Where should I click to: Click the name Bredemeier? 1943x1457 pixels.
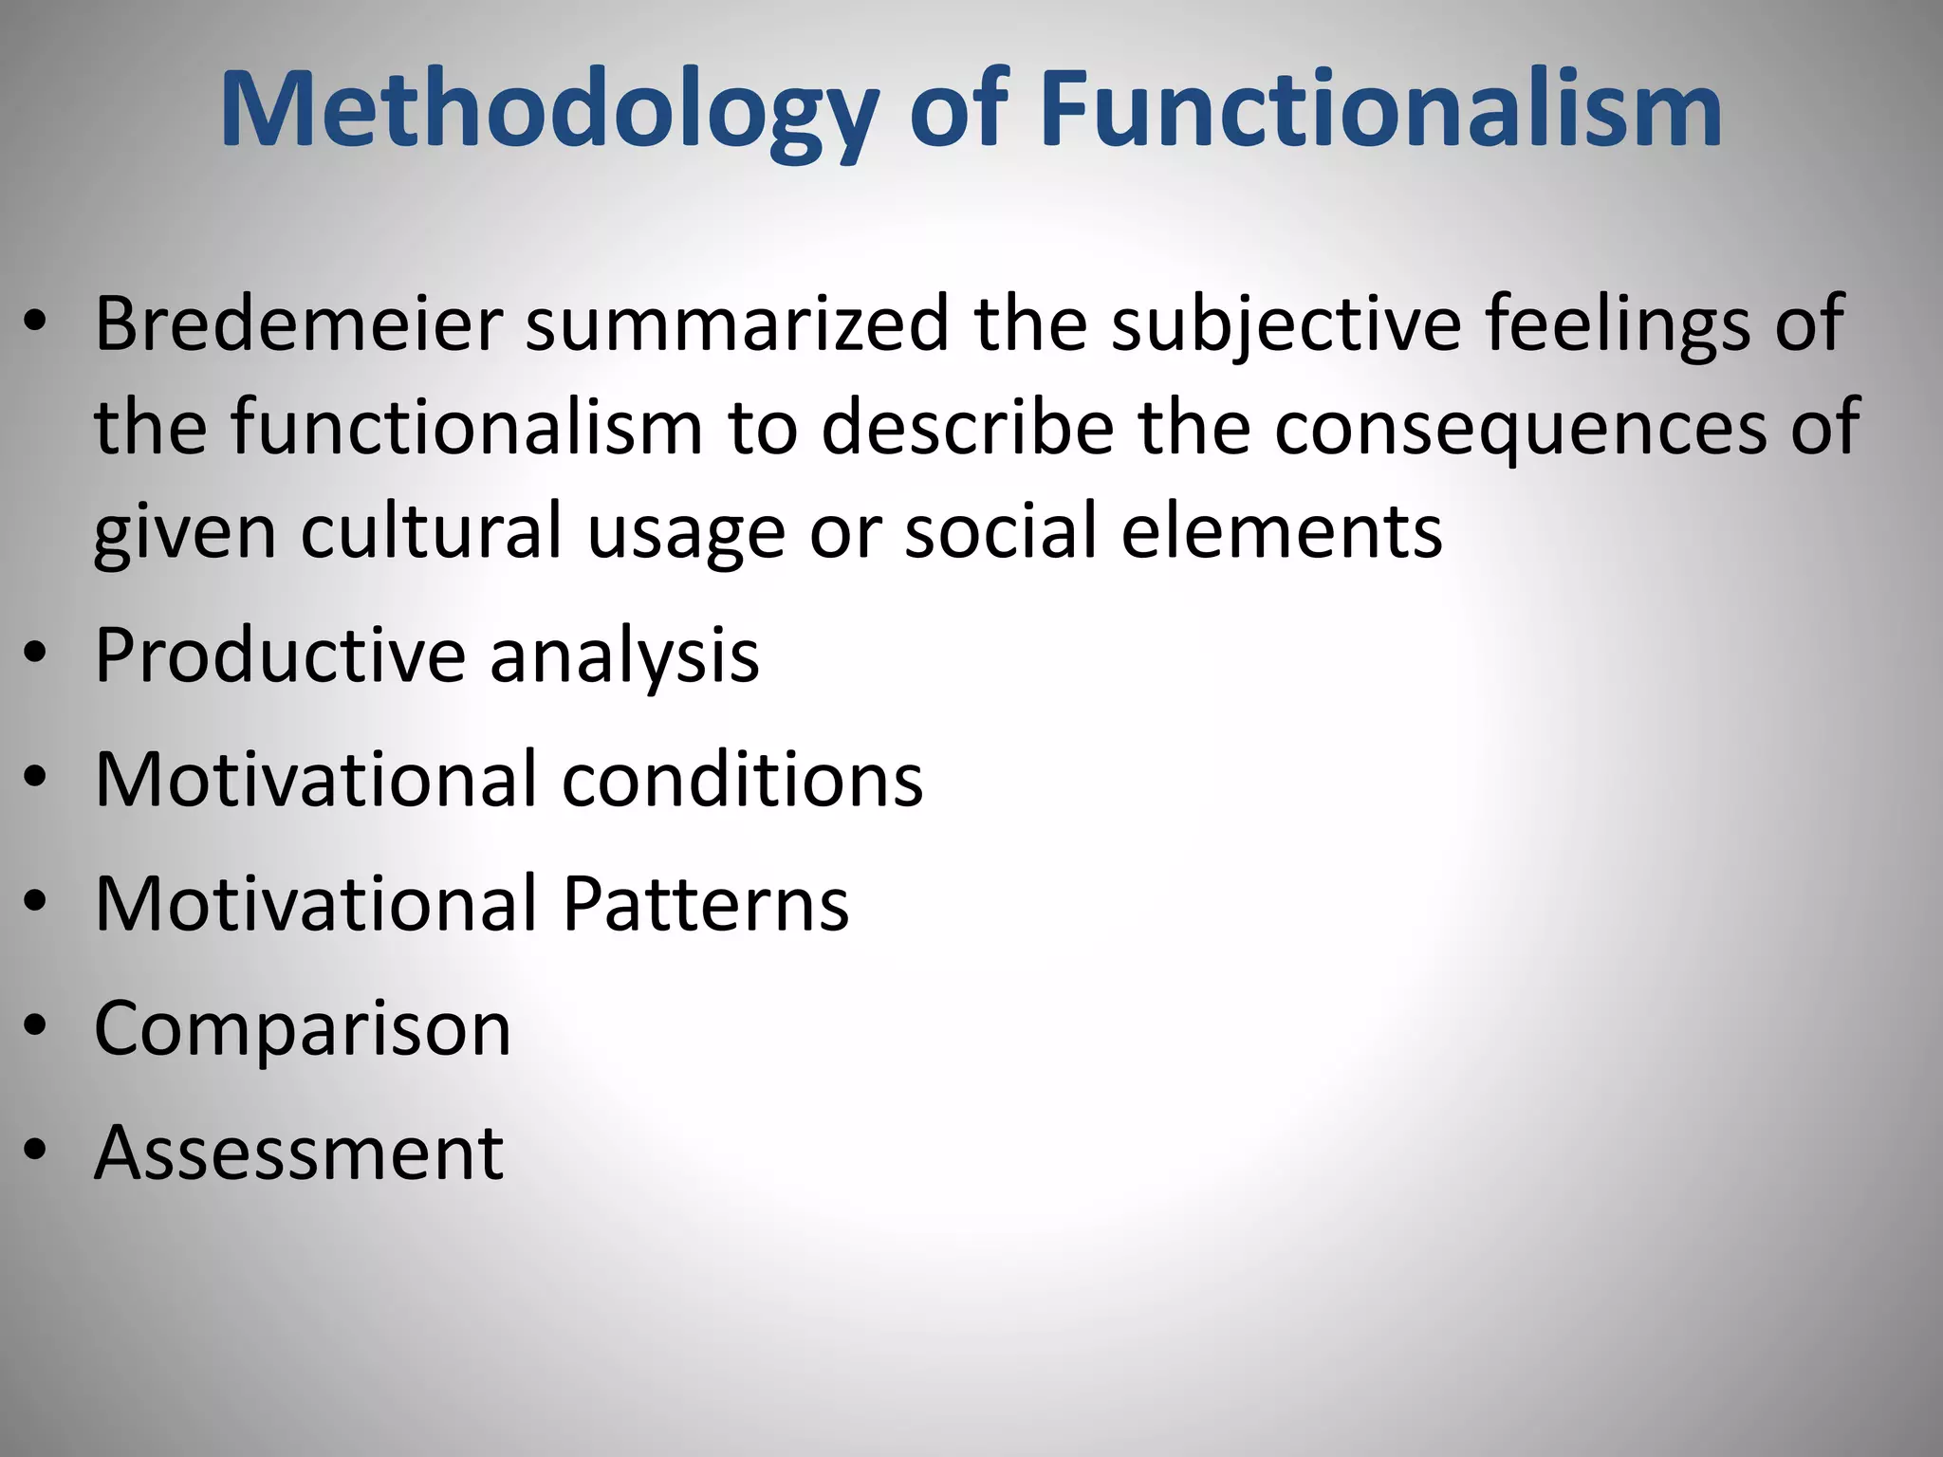tap(298, 323)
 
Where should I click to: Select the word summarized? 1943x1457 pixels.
tap(737, 323)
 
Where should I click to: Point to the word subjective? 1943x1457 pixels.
tap(1286, 325)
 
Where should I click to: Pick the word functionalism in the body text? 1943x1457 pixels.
tap(467, 428)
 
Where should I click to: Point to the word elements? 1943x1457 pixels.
tap(1281, 530)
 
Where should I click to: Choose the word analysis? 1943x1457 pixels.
tap(625, 656)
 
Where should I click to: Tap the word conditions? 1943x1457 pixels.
tap(743, 779)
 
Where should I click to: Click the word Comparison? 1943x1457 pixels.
tap(303, 1029)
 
